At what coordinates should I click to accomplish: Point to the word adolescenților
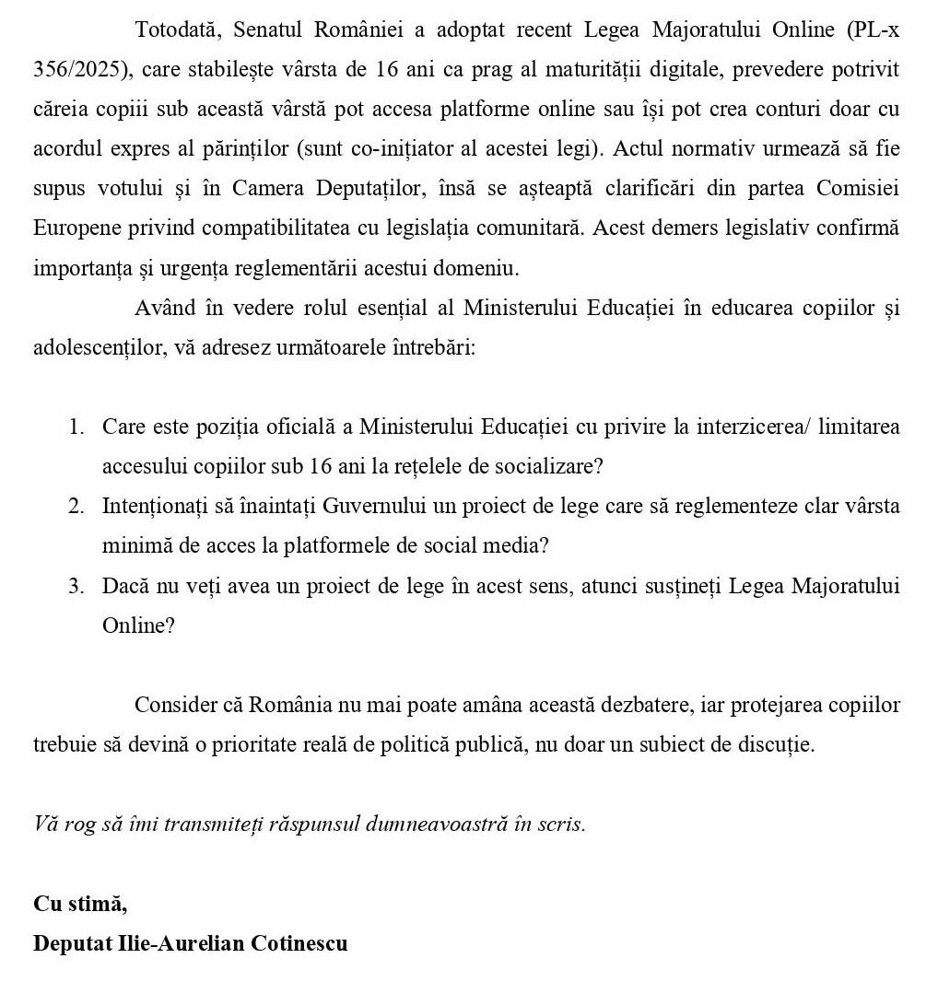point(95,348)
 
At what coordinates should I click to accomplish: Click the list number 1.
point(76,427)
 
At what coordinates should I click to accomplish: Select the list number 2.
point(76,507)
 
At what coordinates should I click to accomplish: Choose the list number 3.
point(76,586)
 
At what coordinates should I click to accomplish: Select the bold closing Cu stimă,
point(80,904)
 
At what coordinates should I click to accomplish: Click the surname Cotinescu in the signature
point(299,943)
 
